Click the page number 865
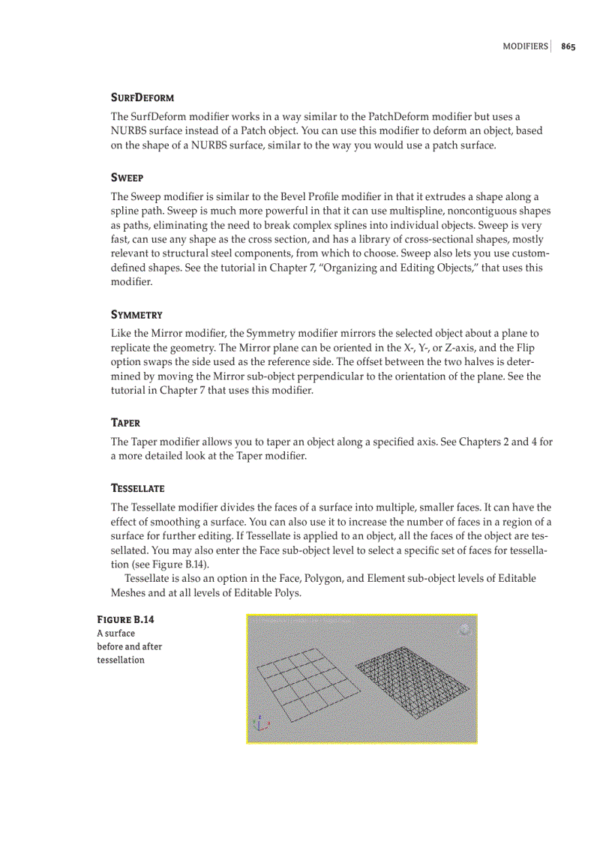[568, 46]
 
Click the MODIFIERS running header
[525, 46]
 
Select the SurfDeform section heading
[142, 98]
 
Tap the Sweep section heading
[127, 178]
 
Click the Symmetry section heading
[136, 315]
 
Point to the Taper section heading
[125, 423]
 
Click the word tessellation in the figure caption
[121, 660]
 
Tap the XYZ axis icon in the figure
[261, 723]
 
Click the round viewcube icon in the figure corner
[464, 629]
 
